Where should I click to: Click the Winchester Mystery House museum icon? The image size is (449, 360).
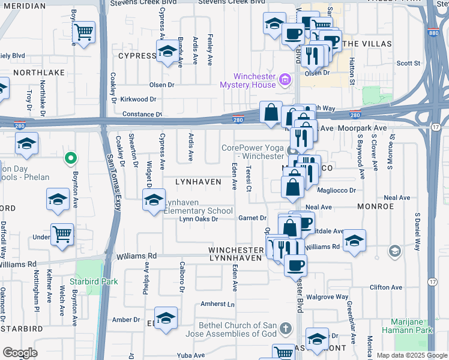285,79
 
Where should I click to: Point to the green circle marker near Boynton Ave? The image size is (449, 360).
71,158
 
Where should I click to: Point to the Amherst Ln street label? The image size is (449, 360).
217,304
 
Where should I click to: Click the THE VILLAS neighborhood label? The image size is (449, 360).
367,44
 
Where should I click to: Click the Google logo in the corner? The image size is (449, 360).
20,353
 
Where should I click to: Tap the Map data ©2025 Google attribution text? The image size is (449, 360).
411,355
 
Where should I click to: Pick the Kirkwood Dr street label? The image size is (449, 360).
138,99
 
